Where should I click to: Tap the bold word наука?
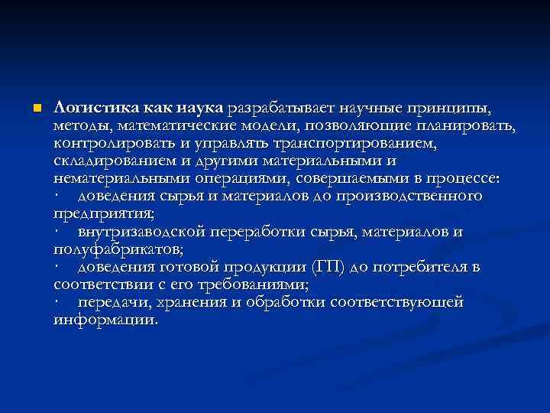click(200, 106)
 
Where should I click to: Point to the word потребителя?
click(403, 268)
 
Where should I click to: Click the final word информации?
click(105, 321)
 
